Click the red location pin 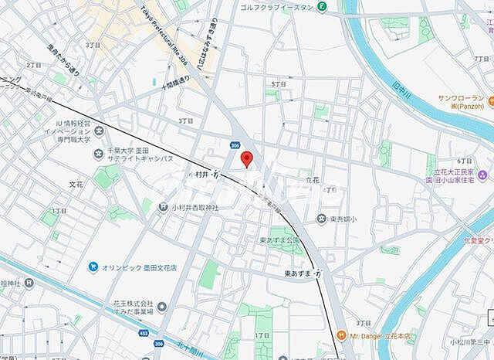pyautogui.click(x=247, y=159)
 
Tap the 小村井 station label pyautogui.click(x=202, y=175)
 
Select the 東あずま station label pyautogui.click(x=297, y=273)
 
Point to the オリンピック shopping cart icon pyautogui.click(x=93, y=267)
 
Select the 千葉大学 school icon pyautogui.click(x=99, y=153)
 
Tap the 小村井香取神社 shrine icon pyautogui.click(x=163, y=207)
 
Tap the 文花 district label pyautogui.click(x=76, y=185)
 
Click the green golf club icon pyautogui.click(x=322, y=8)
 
